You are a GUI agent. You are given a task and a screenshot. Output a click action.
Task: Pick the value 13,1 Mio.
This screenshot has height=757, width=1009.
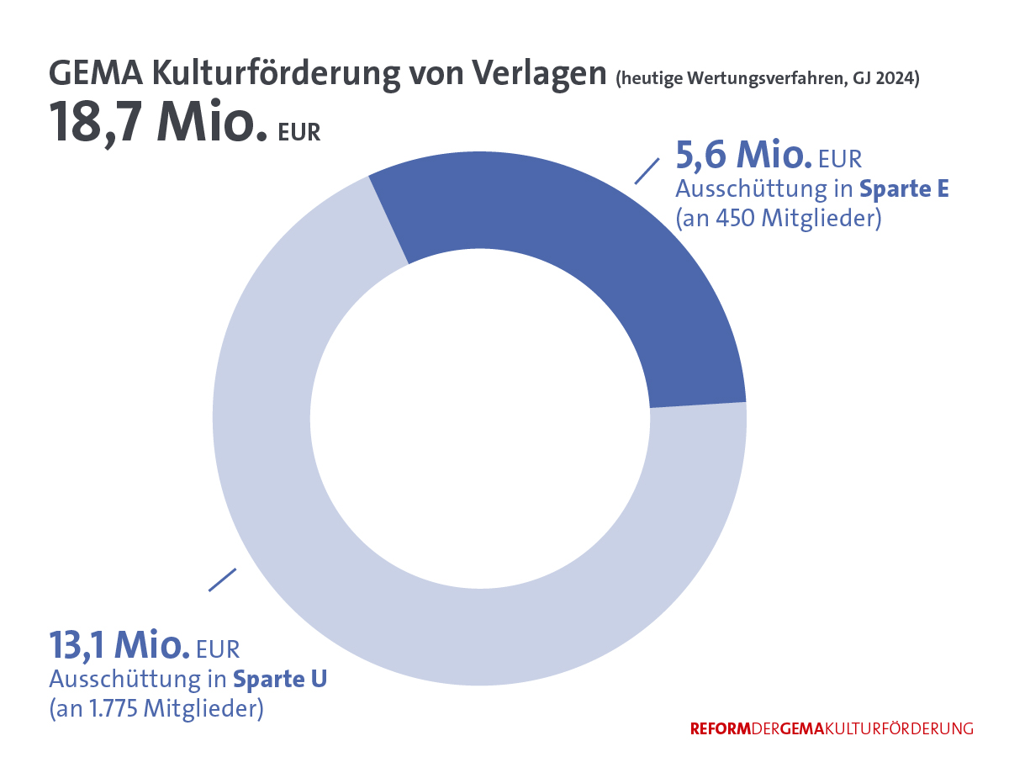click(118, 645)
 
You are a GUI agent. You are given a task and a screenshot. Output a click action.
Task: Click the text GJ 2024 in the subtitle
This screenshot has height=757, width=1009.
click(882, 80)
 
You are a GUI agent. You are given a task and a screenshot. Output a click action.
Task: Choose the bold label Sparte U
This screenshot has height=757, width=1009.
click(280, 678)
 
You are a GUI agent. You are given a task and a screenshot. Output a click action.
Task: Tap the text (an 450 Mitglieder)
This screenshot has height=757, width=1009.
click(779, 219)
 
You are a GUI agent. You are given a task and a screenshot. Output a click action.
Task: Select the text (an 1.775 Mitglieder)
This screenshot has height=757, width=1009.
click(156, 709)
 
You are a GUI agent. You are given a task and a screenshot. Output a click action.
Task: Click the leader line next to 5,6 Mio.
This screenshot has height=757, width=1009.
click(646, 171)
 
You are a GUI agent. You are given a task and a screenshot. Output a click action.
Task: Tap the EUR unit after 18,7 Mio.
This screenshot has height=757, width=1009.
click(299, 132)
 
